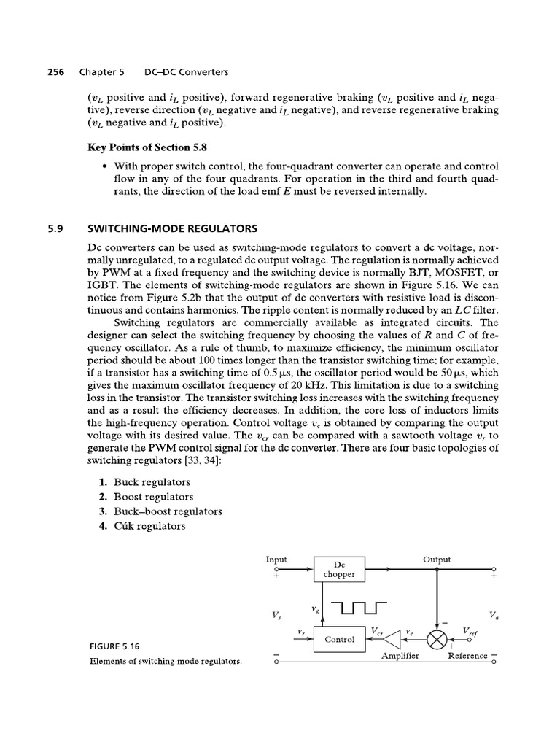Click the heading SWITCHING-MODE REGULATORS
(x=172, y=228)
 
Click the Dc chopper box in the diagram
(x=339, y=569)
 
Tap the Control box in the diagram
(x=339, y=640)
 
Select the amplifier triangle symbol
(x=394, y=640)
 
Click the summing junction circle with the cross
(x=437, y=640)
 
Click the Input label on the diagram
(x=276, y=560)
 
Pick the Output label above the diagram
(x=437, y=560)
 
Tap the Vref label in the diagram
(x=471, y=631)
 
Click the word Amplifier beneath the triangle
(x=400, y=656)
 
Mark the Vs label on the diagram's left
(x=276, y=615)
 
